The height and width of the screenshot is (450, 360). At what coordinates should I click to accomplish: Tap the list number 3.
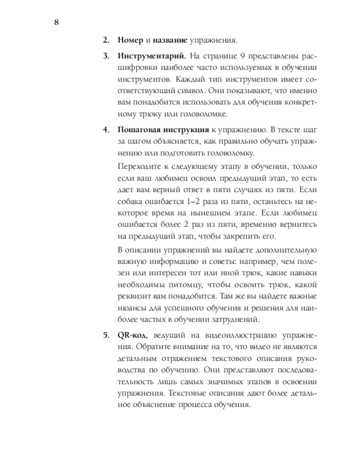coord(106,57)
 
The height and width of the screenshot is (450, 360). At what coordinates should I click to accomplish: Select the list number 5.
coord(106,335)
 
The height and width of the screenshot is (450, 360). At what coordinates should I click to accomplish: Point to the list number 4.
coord(106,130)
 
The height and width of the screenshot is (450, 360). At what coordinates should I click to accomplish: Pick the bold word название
coord(170,40)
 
